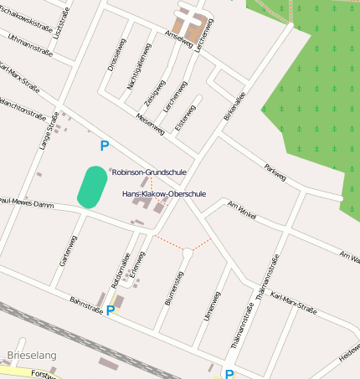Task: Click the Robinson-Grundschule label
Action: click(x=150, y=172)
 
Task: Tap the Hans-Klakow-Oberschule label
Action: click(x=164, y=193)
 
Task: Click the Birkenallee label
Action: click(x=234, y=106)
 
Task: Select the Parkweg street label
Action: click(x=275, y=172)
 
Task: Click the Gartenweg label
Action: click(x=68, y=250)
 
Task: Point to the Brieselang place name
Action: click(x=31, y=356)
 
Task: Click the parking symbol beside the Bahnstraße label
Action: click(x=110, y=310)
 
